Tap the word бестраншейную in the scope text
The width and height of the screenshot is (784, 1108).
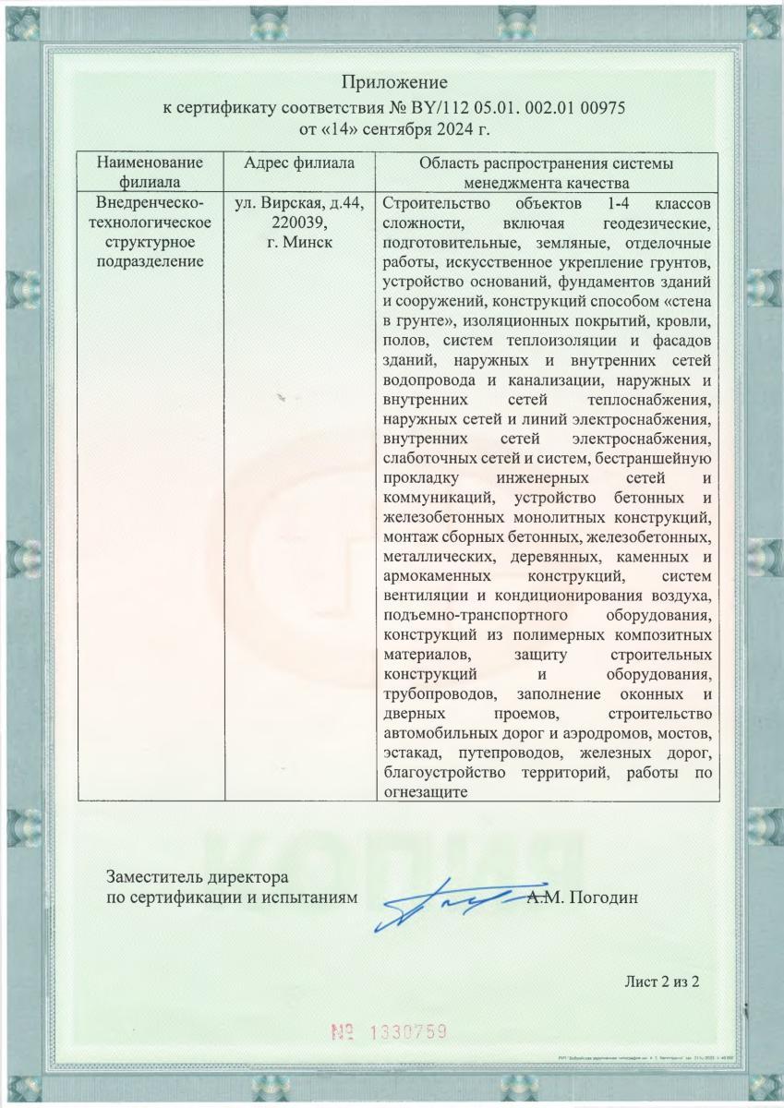coord(657,459)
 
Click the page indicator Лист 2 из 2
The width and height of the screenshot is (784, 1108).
coord(661,980)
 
